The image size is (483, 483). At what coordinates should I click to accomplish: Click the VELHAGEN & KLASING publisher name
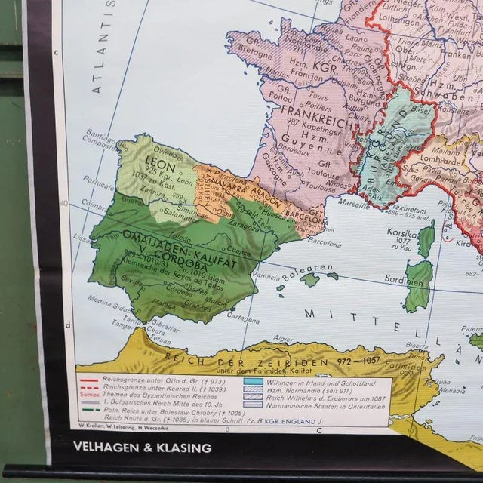coord(142,448)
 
